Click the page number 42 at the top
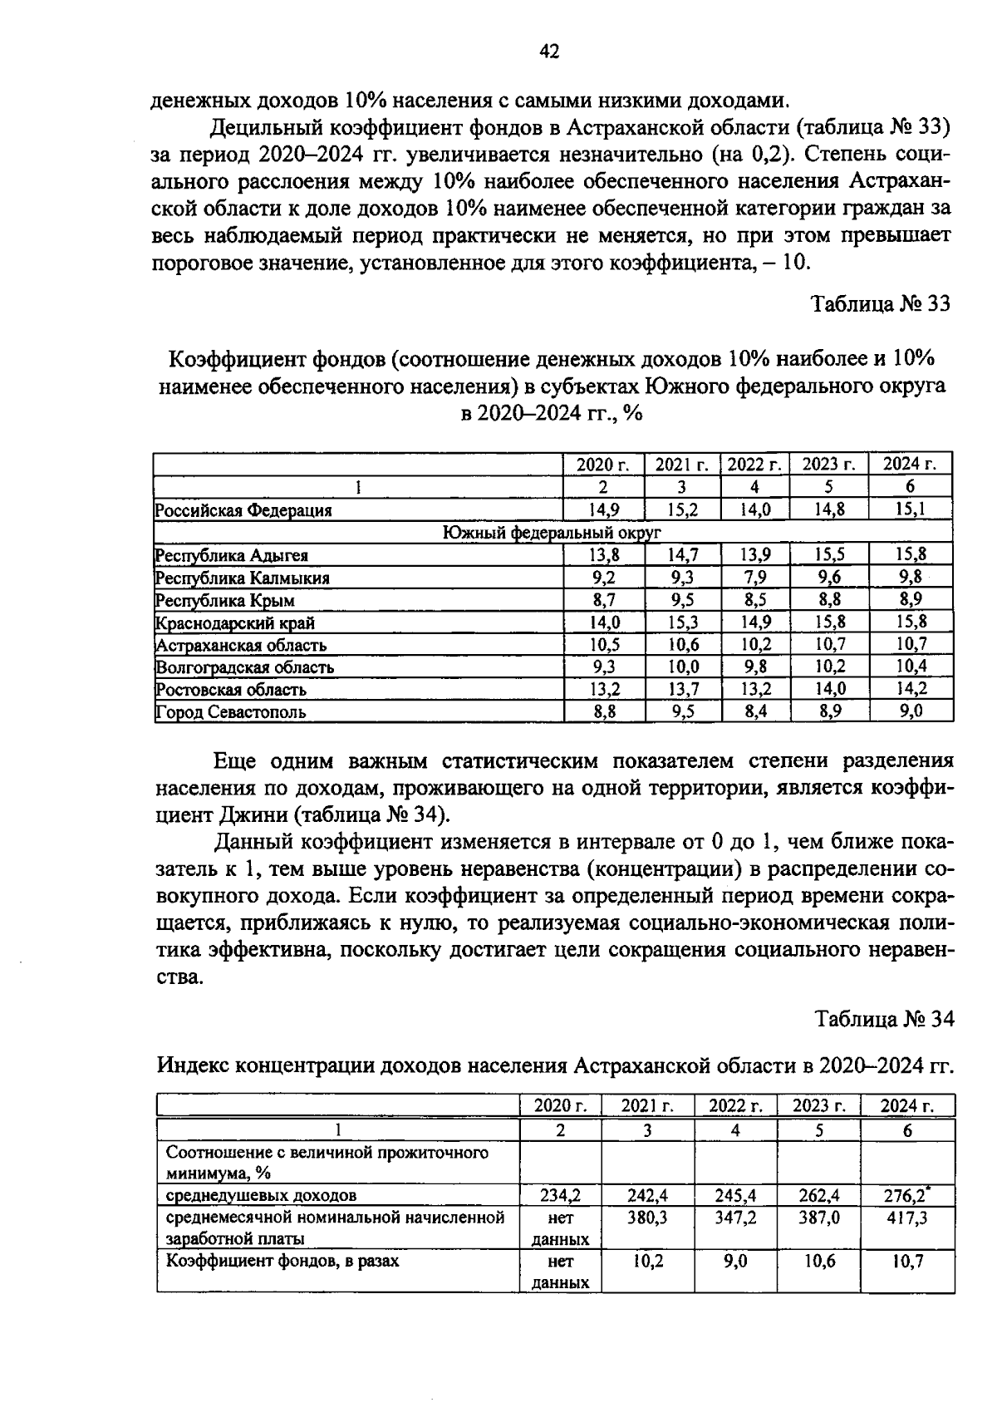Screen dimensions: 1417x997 [x=549, y=52]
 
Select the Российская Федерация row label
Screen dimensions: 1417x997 [x=244, y=510]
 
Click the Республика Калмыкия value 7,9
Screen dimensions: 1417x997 [x=754, y=578]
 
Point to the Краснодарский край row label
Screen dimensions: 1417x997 [x=236, y=622]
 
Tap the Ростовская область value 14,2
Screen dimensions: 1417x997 [x=911, y=689]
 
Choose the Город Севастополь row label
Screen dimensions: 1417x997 [x=232, y=712]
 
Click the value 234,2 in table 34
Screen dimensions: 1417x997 [x=560, y=1196]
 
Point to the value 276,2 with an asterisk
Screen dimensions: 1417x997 [x=905, y=1196]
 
